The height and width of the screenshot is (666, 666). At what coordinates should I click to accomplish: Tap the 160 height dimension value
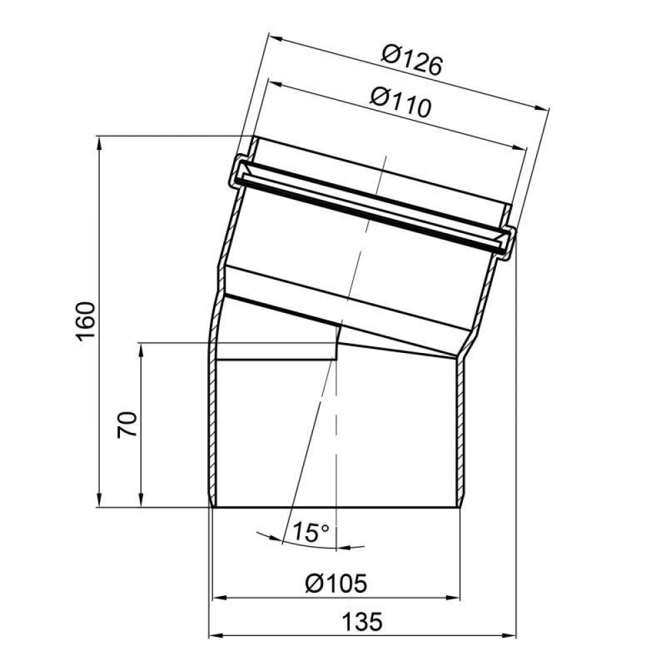pyautogui.click(x=86, y=322)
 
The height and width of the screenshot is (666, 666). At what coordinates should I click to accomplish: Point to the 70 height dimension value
pyautogui.click(x=128, y=424)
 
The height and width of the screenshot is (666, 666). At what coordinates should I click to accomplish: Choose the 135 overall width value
pyautogui.click(x=363, y=623)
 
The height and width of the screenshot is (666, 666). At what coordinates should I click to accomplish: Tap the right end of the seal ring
pyautogui.click(x=507, y=242)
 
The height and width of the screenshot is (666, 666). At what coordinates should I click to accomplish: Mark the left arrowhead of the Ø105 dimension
pyautogui.click(x=216, y=597)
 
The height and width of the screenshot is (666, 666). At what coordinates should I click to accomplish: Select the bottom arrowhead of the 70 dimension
pyautogui.click(x=141, y=502)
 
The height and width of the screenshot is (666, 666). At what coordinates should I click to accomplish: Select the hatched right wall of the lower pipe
pyautogui.click(x=460, y=433)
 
